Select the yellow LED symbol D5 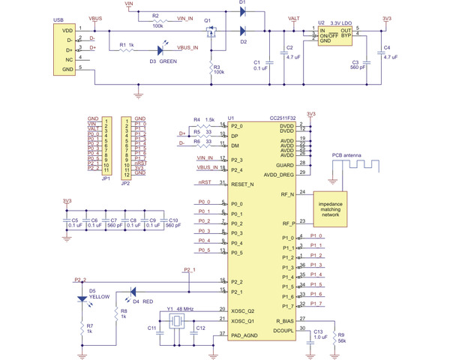82,298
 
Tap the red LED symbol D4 133,292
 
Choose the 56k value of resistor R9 343,340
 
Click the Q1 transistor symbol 212,33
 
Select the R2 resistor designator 154,15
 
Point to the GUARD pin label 285,163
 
